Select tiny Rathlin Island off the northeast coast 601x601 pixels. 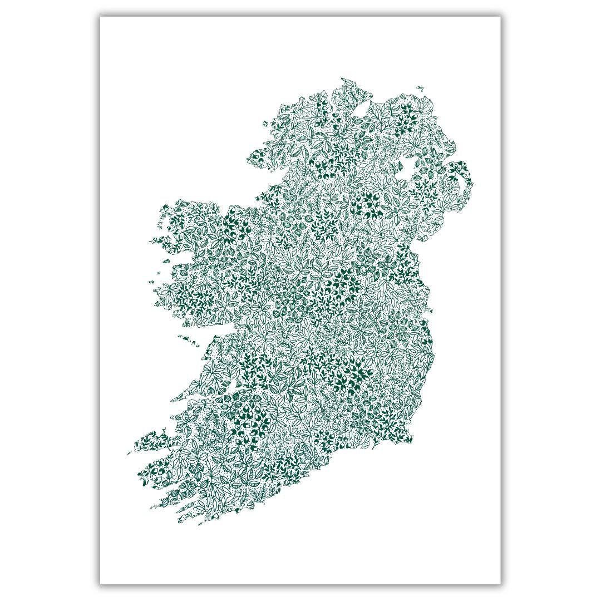click(x=420, y=87)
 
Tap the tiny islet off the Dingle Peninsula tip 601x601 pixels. click(x=130, y=452)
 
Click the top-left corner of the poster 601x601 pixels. click(x=101, y=17)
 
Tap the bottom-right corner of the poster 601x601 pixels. click(x=500, y=584)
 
